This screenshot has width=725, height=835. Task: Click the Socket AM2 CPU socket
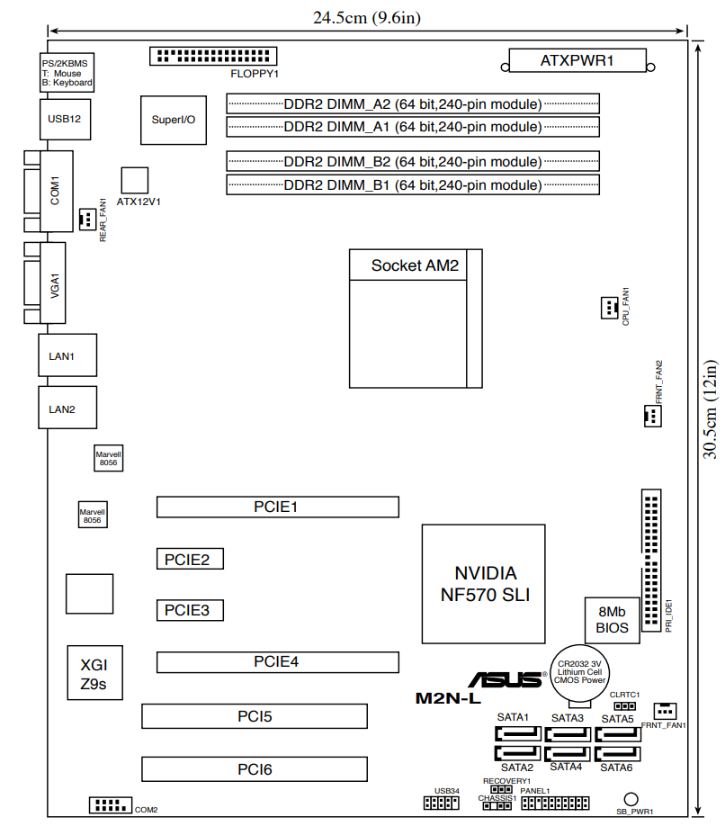coord(416,319)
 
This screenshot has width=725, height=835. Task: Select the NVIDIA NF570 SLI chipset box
coord(484,584)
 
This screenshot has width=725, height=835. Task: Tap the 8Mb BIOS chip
coord(613,619)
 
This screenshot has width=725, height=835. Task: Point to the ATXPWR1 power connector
coord(577,62)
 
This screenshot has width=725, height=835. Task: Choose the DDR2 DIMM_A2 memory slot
coord(412,103)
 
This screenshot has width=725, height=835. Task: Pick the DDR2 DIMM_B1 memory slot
coord(412,185)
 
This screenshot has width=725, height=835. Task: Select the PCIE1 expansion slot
coord(277,507)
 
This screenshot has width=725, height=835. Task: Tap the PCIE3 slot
coord(189,610)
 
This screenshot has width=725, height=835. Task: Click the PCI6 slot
coord(255,768)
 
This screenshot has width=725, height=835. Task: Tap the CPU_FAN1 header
coord(610,308)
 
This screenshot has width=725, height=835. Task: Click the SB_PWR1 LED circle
coord(632,798)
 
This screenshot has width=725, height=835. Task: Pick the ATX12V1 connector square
coord(134,179)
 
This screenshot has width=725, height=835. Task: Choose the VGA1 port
coord(53,284)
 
